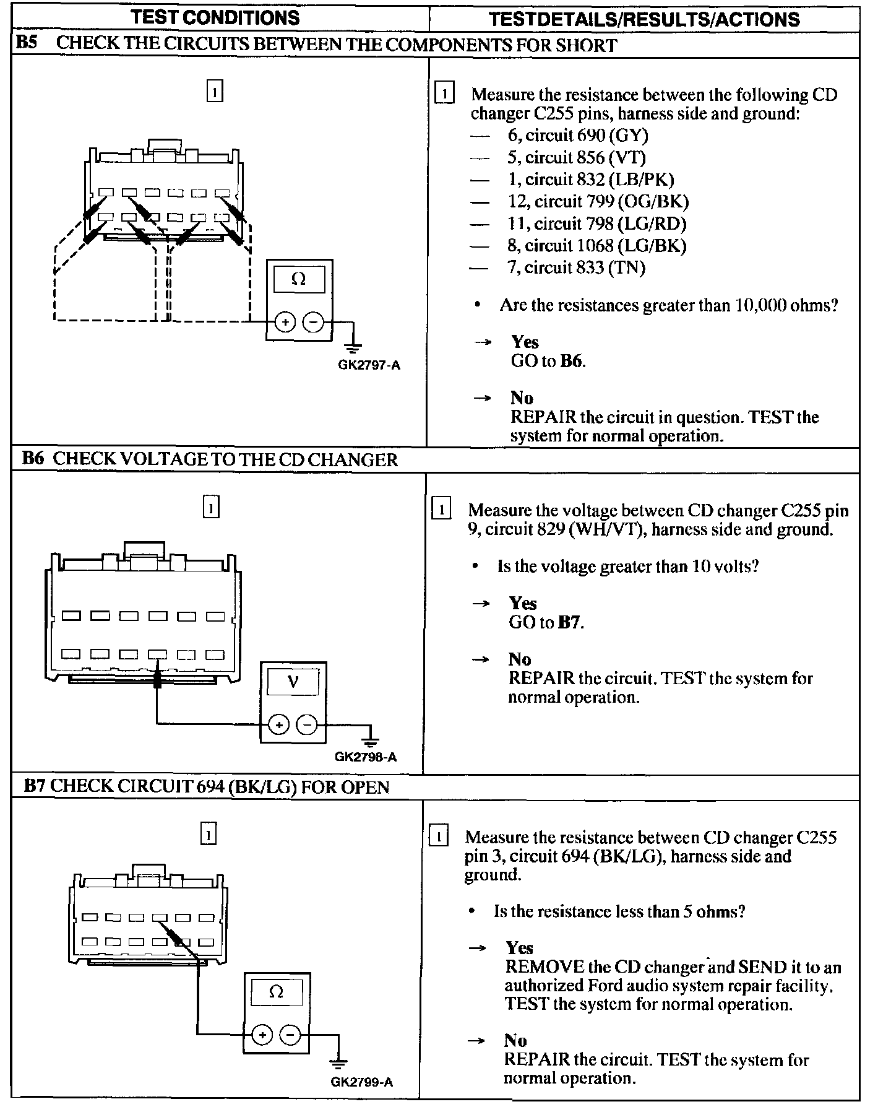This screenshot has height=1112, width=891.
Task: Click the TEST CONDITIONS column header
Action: click(215, 17)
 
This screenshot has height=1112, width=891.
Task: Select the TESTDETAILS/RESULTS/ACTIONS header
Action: click(644, 19)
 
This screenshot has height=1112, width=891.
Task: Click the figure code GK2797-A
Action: click(369, 365)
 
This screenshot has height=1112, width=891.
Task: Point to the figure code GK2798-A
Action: click(366, 757)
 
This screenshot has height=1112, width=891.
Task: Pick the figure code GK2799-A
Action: click(362, 1082)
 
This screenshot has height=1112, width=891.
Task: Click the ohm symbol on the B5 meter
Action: click(298, 280)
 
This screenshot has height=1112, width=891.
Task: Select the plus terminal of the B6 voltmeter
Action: click(278, 725)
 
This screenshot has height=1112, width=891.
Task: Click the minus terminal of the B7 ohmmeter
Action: click(289, 1035)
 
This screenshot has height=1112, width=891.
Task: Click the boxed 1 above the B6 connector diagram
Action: click(211, 508)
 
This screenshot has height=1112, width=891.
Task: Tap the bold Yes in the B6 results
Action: click(522, 603)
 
